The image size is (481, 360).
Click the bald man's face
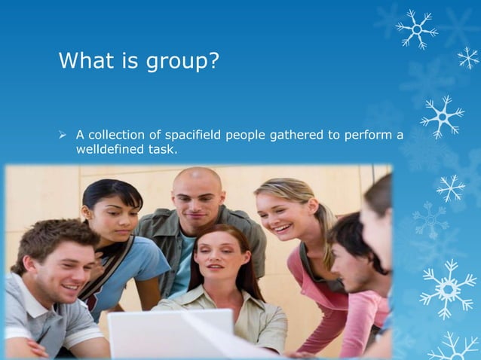click(198, 197)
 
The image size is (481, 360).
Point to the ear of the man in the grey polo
click(22, 261)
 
